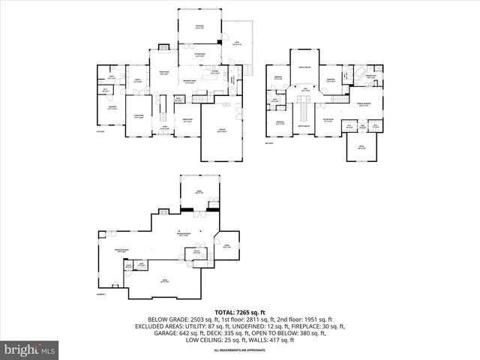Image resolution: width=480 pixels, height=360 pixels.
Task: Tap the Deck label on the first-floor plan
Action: (x=236, y=43)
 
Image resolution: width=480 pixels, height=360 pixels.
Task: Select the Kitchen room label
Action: (x=215, y=73)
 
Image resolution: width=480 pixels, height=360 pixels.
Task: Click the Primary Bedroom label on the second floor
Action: (x=362, y=105)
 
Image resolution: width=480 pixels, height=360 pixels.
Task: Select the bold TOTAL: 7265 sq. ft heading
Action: (x=239, y=311)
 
